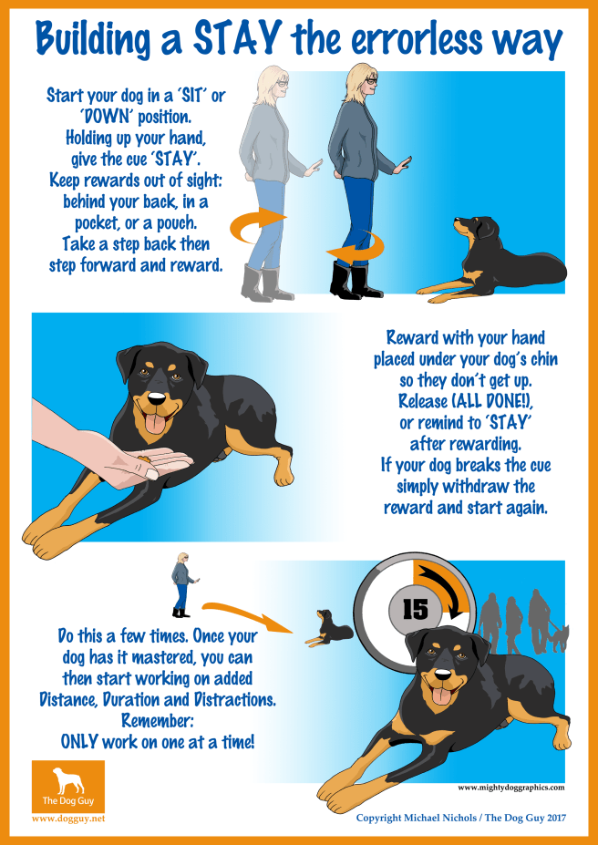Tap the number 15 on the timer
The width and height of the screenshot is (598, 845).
point(416,610)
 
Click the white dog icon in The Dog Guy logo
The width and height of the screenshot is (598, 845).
point(67,780)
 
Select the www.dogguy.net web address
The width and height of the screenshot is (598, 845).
point(68,819)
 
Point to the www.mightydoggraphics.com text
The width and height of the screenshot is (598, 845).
point(511,788)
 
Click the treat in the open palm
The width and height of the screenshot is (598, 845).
point(144,459)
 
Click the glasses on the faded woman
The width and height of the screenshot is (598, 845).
point(283,83)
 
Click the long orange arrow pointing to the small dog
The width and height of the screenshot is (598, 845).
point(248,616)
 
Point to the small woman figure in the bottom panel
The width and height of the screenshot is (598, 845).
point(184,584)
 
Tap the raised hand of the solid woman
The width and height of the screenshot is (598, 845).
point(403,164)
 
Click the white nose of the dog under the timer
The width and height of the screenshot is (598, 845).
point(443,675)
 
